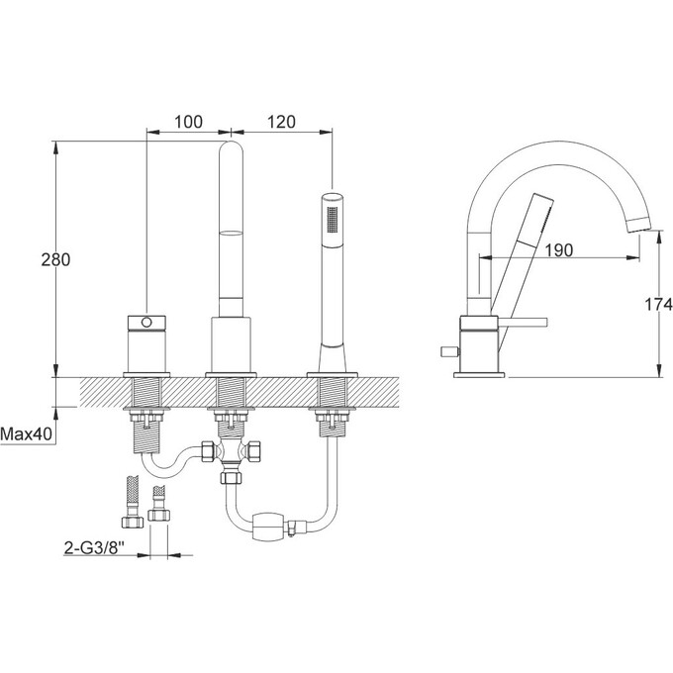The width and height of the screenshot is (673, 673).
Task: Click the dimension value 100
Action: [x=188, y=122]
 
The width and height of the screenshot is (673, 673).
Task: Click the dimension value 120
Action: [x=281, y=122]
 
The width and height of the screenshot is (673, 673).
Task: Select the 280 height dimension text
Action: [x=55, y=259]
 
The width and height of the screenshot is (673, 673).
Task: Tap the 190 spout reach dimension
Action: [x=559, y=249]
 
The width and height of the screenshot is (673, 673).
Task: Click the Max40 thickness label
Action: [x=26, y=433]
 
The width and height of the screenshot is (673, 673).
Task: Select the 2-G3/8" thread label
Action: [x=94, y=547]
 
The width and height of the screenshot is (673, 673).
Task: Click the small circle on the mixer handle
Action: [x=146, y=322]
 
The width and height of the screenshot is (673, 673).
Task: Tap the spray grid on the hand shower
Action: [x=333, y=220]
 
